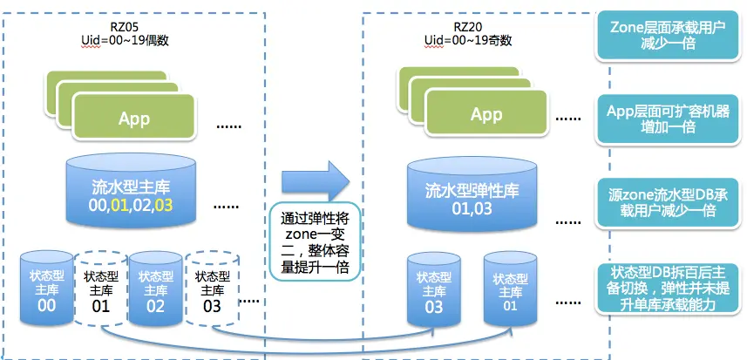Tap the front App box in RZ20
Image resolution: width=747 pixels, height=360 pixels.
coord(486,114)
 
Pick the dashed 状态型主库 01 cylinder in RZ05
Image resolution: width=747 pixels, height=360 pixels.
coord(100,289)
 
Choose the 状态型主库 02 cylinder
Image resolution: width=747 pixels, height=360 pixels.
coord(154,288)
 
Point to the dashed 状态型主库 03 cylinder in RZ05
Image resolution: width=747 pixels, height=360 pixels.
coord(212,289)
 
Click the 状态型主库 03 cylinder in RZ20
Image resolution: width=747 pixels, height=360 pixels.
coord(433,288)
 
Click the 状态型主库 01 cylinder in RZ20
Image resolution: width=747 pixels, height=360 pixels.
coord(510,288)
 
